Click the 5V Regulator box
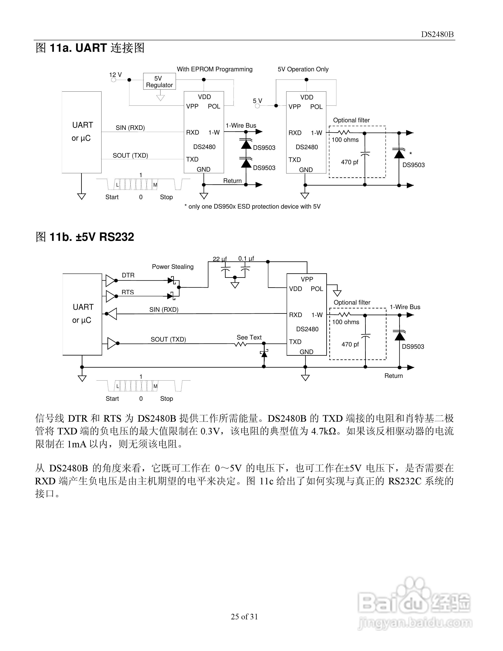[159, 81]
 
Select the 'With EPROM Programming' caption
[215, 69]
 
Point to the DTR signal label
[128, 275]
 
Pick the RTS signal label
[128, 292]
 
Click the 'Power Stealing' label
[173, 267]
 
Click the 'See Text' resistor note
[249, 337]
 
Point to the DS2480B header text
[437, 34]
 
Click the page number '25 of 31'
[244, 616]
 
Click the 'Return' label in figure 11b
[393, 376]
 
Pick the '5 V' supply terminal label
[257, 101]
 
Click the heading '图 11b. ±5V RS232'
[85, 237]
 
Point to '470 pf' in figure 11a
[350, 162]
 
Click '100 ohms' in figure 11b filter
[346, 322]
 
